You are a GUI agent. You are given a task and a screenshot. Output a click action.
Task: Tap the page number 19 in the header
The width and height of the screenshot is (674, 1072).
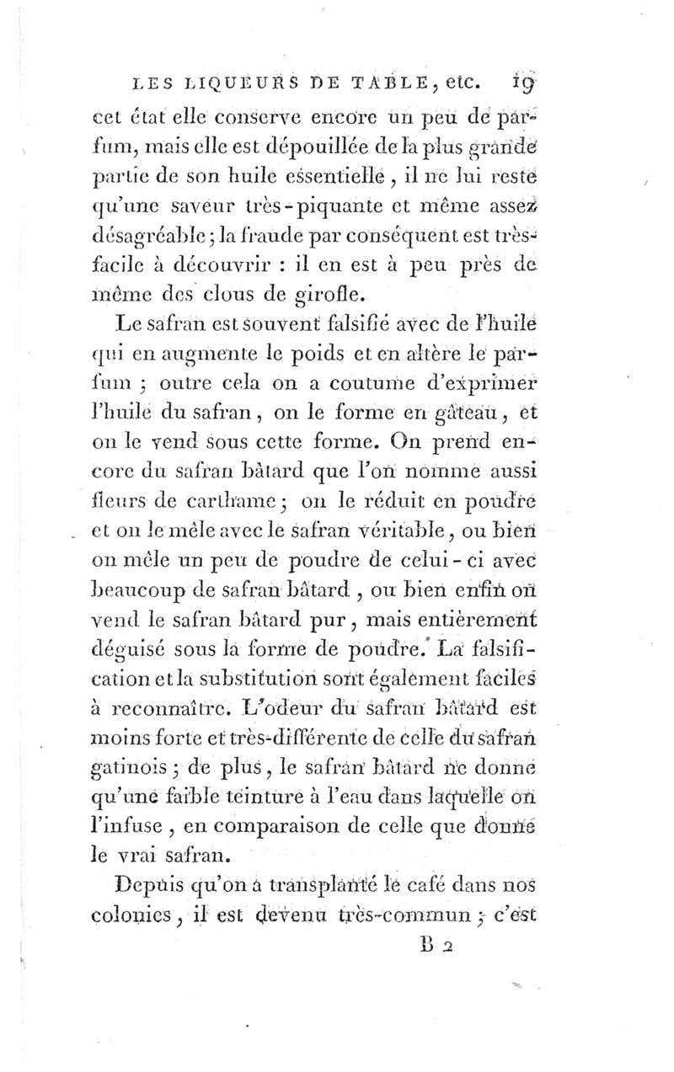532,83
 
